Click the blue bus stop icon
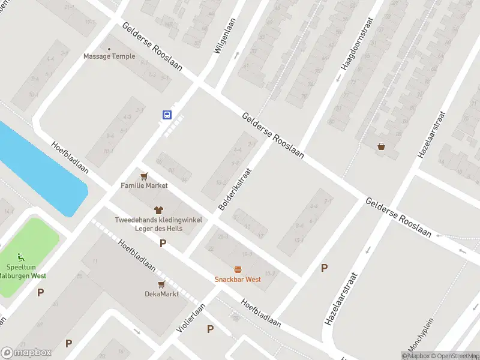167,115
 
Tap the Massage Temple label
109,57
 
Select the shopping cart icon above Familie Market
143,176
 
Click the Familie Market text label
144,186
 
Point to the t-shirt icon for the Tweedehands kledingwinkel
159,210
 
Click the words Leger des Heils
159,229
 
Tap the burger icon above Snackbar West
238,269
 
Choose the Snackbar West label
238,280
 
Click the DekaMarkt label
161,294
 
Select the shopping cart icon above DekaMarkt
161,284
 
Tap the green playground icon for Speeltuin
22,257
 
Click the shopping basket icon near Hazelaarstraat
381,146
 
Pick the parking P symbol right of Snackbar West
324,268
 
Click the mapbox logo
26,353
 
